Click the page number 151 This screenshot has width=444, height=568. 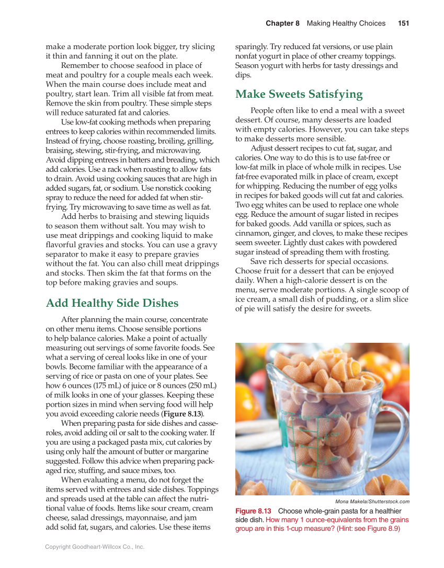point(403,24)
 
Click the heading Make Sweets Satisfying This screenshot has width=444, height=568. point(299,95)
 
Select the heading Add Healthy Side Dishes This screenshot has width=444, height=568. point(112,304)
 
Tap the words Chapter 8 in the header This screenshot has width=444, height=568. point(282,24)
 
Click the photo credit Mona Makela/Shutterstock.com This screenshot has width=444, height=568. point(372,502)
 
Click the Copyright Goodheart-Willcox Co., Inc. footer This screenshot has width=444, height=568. point(95,547)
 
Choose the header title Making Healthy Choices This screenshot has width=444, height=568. point(346,24)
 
